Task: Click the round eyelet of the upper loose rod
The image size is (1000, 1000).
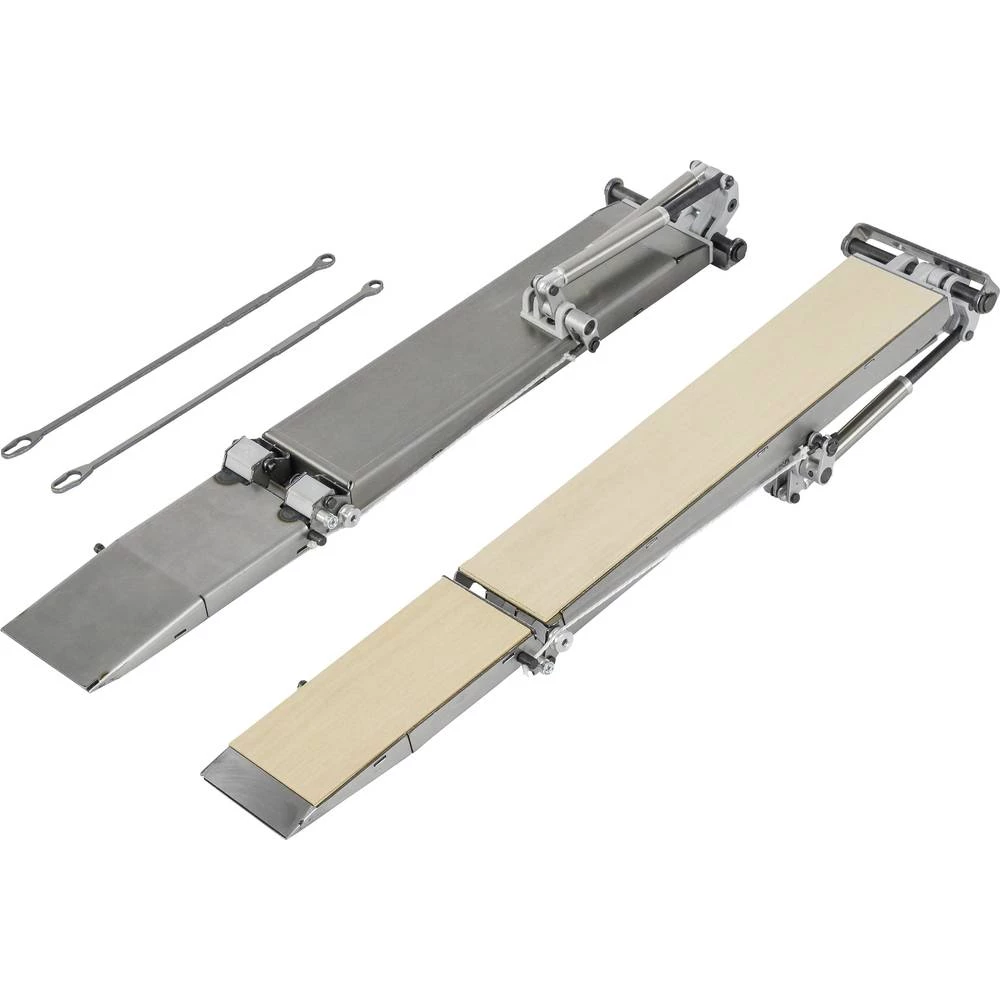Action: tap(324, 262)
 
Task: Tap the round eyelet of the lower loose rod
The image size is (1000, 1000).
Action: tap(372, 288)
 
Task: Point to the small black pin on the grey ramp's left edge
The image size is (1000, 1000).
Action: tap(97, 546)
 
